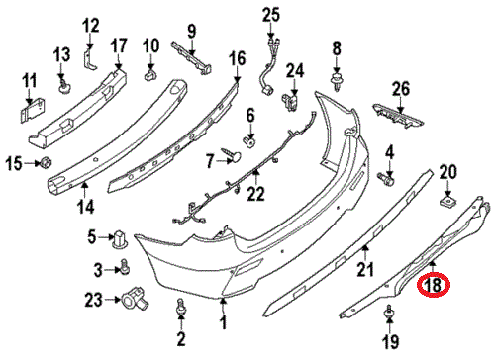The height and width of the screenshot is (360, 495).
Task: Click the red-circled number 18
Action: tap(433, 287)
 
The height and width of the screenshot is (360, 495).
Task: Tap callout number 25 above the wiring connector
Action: tap(271, 14)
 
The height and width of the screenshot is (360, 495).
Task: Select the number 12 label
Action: tap(91, 24)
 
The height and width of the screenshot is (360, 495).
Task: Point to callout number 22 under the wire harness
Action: tap(256, 196)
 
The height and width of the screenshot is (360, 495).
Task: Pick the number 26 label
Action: tap(400, 90)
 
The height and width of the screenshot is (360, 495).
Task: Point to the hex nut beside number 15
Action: tap(45, 162)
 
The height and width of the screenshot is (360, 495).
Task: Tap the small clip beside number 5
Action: tap(121, 238)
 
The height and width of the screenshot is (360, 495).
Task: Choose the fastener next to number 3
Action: tap(126, 265)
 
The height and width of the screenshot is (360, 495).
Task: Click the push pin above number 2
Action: tap(181, 309)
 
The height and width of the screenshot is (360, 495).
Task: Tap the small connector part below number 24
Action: tap(293, 98)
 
